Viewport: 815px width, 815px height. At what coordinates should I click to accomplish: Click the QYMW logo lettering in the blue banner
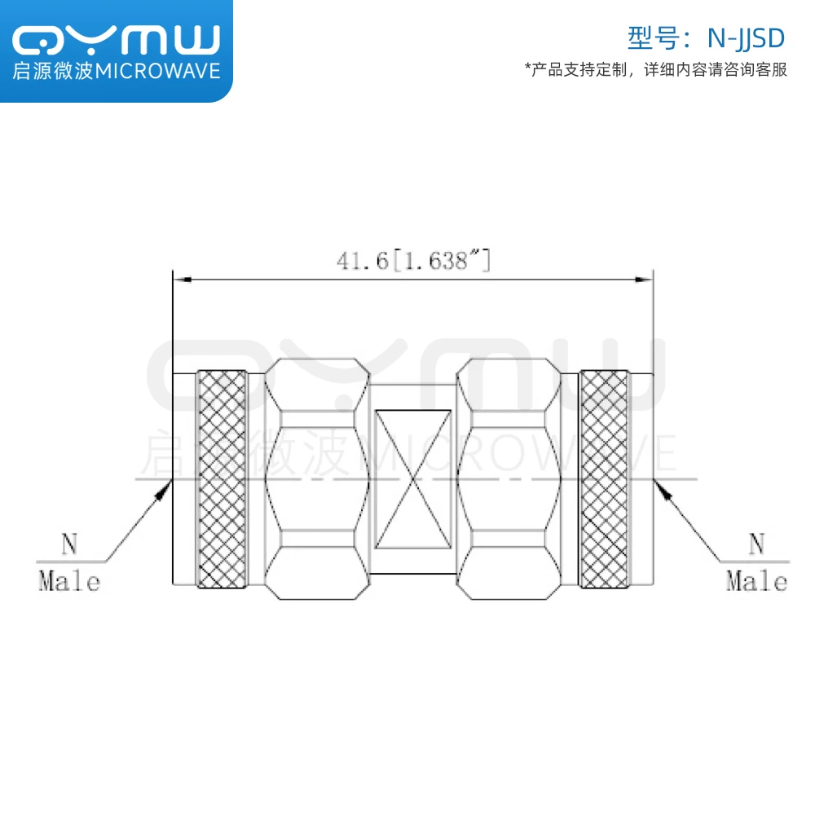117,39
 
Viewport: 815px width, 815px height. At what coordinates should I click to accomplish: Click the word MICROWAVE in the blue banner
158,72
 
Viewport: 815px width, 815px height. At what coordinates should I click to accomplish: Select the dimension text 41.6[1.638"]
413,261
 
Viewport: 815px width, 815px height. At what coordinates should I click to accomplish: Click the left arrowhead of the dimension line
181,280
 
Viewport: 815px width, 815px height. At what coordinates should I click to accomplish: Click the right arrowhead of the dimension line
645,280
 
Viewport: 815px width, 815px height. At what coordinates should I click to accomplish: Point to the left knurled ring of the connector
222,479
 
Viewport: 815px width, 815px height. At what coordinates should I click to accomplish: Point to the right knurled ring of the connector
604,479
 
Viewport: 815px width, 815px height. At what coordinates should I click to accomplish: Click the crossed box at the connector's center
412,478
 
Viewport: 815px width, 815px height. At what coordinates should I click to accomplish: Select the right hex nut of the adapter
509,479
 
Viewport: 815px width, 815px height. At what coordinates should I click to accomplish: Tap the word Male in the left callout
70,582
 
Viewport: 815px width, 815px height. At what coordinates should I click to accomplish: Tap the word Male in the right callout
757,582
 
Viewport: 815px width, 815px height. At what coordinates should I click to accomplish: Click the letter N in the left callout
70,544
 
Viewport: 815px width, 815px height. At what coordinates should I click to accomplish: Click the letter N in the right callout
757,544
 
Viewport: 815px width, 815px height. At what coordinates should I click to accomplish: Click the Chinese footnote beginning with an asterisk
656,70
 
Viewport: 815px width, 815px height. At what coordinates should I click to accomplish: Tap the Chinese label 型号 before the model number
647,37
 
